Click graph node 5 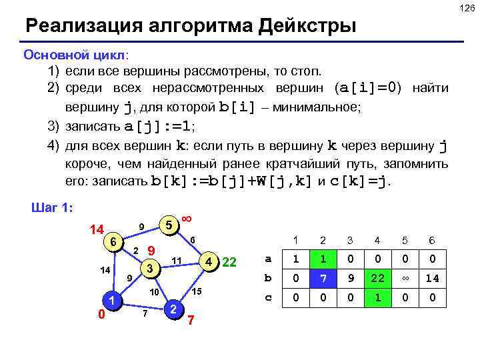click(x=171, y=225)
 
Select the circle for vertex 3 click(x=151, y=269)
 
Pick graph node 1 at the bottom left click(x=113, y=301)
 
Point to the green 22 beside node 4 click(x=230, y=261)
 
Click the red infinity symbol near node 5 click(x=187, y=219)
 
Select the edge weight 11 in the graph click(x=177, y=259)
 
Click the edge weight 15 click(x=197, y=292)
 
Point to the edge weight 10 click(x=153, y=292)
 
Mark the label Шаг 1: click(x=53, y=207)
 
